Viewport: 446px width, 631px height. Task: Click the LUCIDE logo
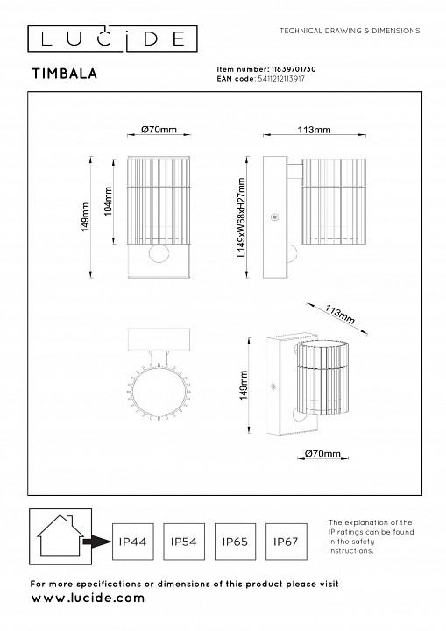[112, 39]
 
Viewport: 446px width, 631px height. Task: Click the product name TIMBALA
[65, 74]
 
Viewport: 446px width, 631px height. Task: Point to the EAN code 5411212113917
[281, 79]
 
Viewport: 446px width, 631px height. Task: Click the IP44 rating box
[133, 542]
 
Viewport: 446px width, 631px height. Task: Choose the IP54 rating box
[184, 542]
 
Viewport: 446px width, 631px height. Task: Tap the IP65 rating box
[235, 542]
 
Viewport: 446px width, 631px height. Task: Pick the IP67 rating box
[287, 542]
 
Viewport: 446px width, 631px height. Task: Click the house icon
[60, 535]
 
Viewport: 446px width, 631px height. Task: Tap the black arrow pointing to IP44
[96, 542]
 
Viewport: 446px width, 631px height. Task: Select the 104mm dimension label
[109, 202]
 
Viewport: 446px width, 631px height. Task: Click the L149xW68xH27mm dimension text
[242, 217]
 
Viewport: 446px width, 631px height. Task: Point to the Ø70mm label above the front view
[159, 129]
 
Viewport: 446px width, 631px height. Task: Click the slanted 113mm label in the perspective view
[340, 315]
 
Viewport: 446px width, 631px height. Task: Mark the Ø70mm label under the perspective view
[322, 454]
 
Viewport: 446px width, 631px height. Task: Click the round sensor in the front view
[159, 253]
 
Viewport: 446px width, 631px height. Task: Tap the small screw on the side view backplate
[275, 217]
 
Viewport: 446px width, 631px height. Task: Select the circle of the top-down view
[159, 391]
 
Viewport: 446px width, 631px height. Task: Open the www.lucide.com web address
[88, 598]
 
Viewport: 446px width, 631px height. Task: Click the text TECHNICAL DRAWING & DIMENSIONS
[350, 31]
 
